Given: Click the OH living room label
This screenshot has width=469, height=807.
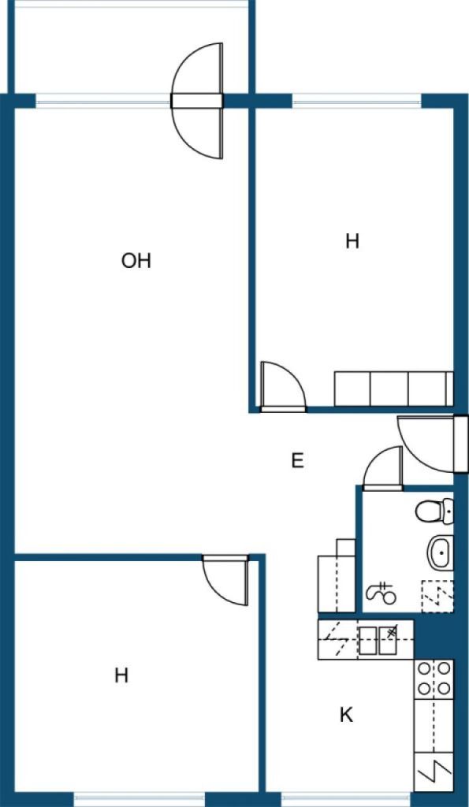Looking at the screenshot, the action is (136, 261).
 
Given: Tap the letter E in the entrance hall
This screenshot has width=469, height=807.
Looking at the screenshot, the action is (297, 460).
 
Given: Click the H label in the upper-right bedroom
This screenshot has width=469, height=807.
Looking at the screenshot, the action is (352, 241).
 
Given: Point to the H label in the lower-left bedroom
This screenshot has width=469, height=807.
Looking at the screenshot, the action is (121, 675).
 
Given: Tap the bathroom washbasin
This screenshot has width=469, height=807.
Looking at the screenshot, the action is (441, 552).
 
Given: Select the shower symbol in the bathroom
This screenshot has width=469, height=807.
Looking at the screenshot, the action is (382, 593).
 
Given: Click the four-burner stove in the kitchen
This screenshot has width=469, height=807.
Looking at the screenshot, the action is (434, 679).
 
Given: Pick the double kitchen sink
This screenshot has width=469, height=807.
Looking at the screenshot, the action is (378, 640).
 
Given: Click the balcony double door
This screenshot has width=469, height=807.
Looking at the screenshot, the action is (197, 101).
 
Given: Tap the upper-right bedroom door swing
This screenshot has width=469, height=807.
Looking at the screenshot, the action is (283, 387).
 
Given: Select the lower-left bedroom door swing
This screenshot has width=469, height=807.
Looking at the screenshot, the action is (225, 580).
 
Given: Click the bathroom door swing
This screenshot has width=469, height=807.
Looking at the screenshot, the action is (383, 468).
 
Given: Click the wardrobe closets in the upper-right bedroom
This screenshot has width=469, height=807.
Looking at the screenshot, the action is (394, 389).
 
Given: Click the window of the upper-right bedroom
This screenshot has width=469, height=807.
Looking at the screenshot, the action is (357, 101).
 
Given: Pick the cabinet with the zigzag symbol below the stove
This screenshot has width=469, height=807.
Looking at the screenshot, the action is (434, 772).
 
